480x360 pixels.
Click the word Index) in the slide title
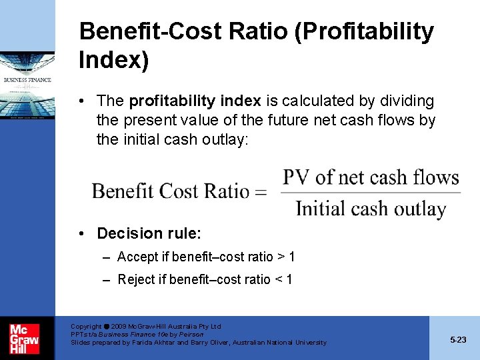[113, 60]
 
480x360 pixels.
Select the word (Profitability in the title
[346, 31]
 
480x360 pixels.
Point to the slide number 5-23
[458, 339]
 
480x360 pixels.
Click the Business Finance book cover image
[27, 86]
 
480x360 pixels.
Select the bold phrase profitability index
[195, 101]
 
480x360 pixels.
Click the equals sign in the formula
[261, 193]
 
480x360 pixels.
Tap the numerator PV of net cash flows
[371, 177]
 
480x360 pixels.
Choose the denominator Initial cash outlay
[371, 209]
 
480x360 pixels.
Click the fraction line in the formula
[371, 193]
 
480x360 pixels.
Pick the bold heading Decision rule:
[149, 233]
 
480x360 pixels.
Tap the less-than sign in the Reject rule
[278, 279]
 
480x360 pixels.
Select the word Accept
[137, 257]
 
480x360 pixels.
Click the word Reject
[137, 279]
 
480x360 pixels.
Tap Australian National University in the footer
[279, 343]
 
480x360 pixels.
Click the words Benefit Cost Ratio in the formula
[171, 192]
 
